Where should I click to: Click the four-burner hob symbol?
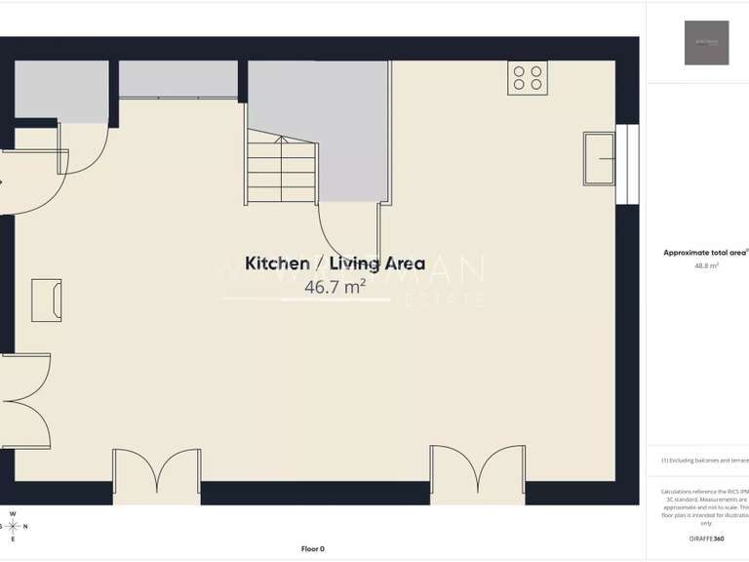528,78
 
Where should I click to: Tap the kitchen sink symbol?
599,158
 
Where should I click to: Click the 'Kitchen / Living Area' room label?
335,263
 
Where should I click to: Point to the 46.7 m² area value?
335,287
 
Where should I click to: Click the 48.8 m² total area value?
706,265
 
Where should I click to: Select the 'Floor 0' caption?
312,548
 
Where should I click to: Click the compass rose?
13,526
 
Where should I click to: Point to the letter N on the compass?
25,527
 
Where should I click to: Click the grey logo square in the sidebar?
706,43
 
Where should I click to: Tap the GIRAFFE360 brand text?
706,539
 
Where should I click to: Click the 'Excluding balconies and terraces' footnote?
705,460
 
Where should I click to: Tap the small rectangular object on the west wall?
46,298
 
